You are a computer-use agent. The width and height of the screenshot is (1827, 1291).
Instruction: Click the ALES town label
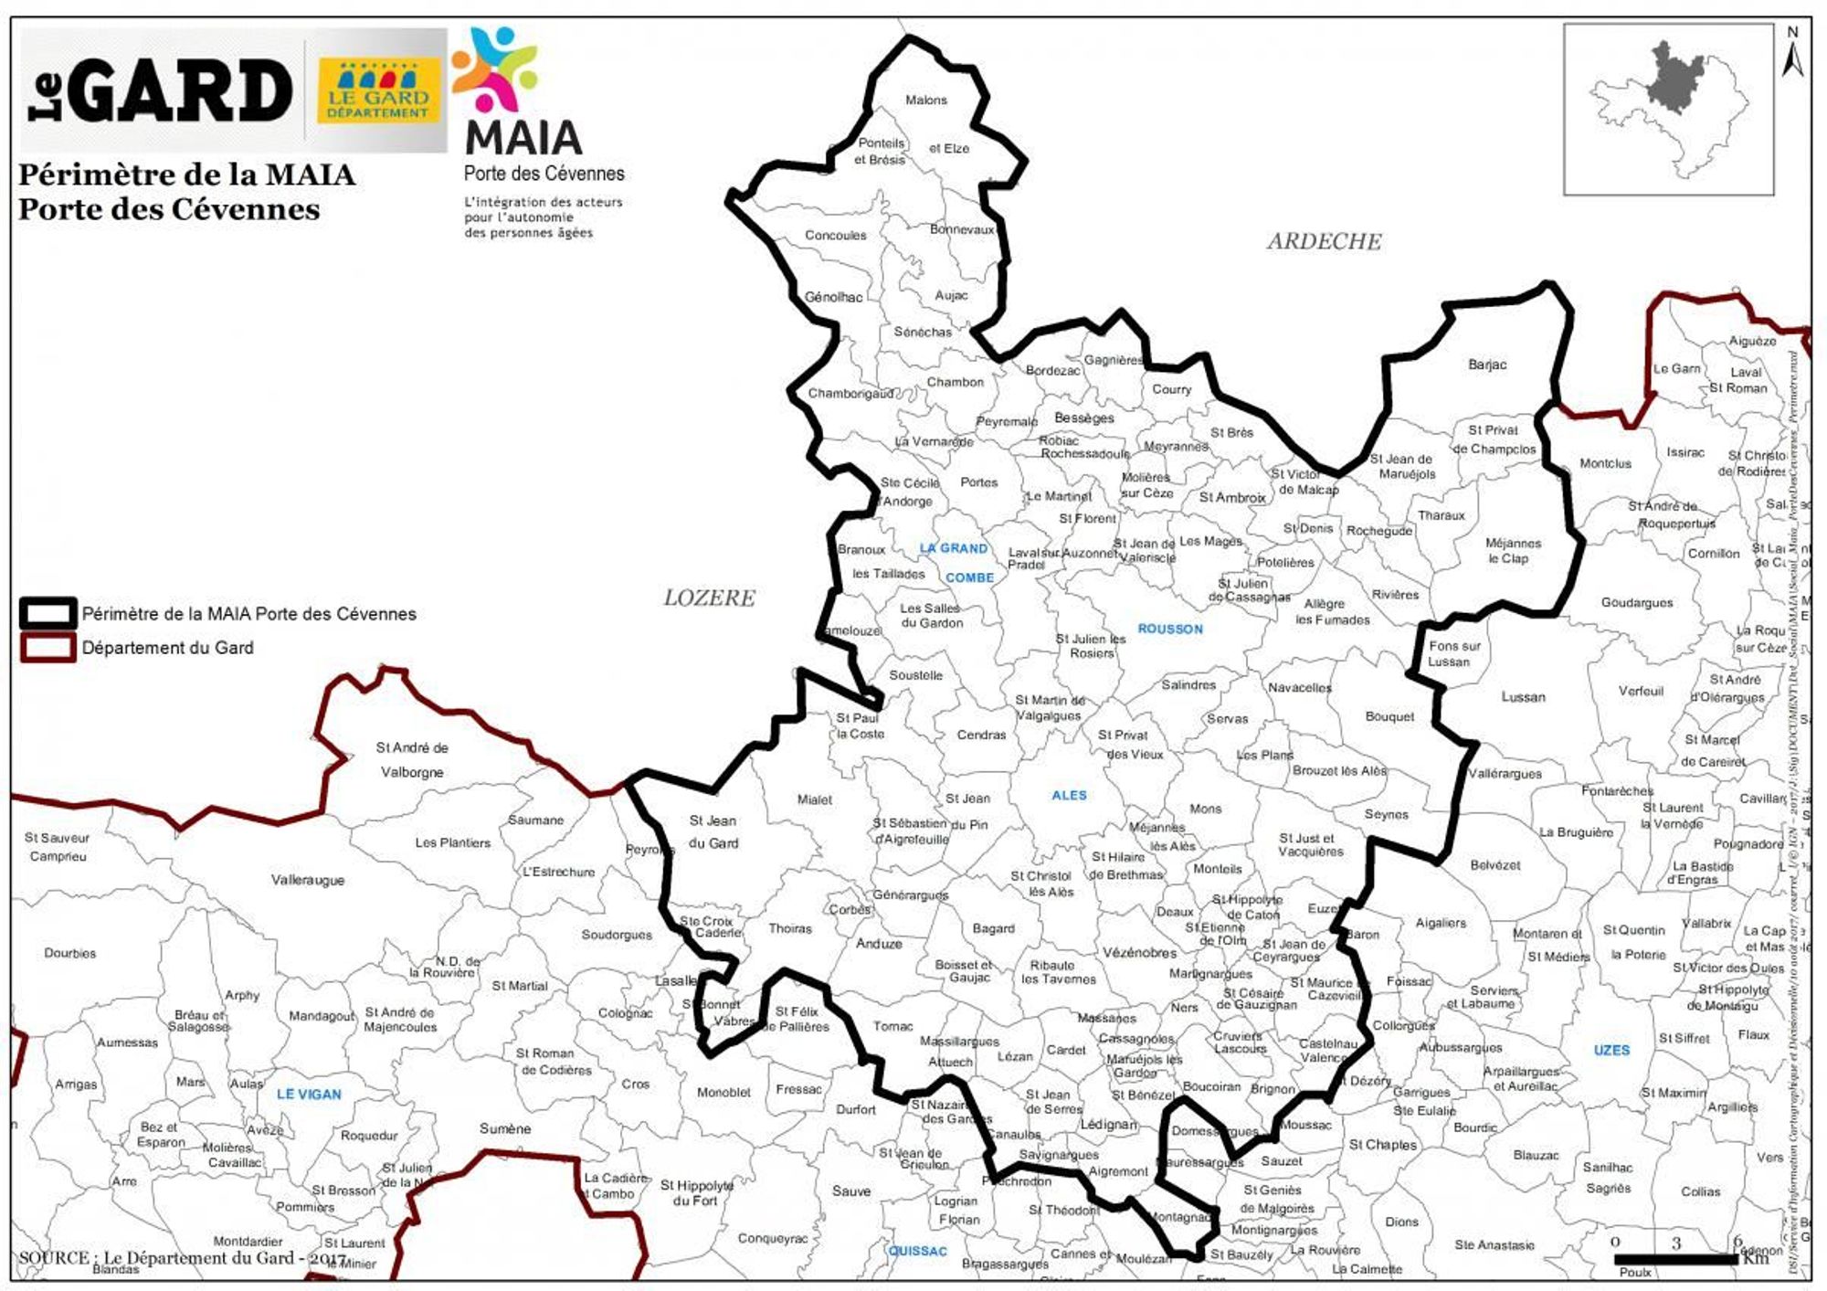(1069, 795)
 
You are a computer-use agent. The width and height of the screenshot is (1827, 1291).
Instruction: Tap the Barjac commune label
(1487, 365)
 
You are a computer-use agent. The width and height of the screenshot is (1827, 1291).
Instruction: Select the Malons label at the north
(926, 101)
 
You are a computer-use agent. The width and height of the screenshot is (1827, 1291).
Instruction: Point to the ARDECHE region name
(1324, 241)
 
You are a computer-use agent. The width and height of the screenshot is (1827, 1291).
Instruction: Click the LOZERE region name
(710, 598)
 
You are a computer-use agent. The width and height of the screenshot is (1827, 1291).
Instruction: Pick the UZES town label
(1611, 1050)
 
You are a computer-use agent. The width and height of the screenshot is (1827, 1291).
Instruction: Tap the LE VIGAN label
(309, 1094)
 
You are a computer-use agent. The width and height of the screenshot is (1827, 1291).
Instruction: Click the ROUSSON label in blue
(1170, 629)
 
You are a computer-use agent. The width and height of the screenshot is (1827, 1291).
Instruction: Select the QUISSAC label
(918, 1251)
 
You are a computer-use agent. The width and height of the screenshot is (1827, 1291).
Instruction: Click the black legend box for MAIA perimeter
(48, 613)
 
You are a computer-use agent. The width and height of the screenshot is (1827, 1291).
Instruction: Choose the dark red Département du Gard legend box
(48, 648)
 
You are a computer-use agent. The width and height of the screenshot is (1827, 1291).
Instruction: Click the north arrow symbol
(1792, 55)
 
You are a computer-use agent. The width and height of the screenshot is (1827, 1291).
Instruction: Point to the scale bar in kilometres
(1676, 1259)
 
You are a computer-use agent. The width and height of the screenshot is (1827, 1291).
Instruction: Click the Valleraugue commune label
(308, 880)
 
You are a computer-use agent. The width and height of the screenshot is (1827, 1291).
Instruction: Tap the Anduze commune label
(879, 944)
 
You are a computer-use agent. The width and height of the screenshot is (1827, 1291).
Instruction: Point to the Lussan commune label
(1524, 697)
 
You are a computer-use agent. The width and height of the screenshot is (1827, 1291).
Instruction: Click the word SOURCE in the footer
(54, 1257)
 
